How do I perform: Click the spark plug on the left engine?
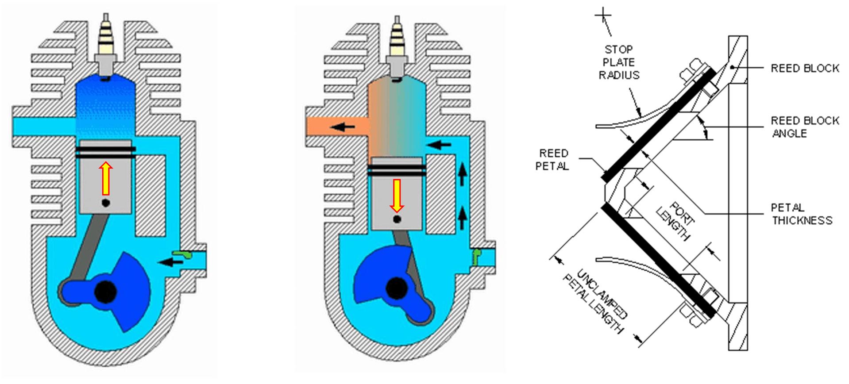point(106,46)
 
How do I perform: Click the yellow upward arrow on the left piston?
point(106,178)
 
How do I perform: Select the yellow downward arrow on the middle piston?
point(397,196)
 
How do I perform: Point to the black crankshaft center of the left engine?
point(106,291)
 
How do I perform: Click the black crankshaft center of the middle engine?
point(397,288)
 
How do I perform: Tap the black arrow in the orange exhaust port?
point(343,127)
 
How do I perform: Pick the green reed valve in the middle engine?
point(477,257)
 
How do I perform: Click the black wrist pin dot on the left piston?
point(106,203)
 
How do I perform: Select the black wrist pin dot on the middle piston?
point(397,219)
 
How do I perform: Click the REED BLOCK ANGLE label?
point(805,127)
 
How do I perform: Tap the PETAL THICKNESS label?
point(802,214)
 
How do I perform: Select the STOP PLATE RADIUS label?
point(619,62)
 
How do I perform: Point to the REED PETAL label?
point(552,160)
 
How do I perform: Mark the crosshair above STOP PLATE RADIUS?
point(603,16)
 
